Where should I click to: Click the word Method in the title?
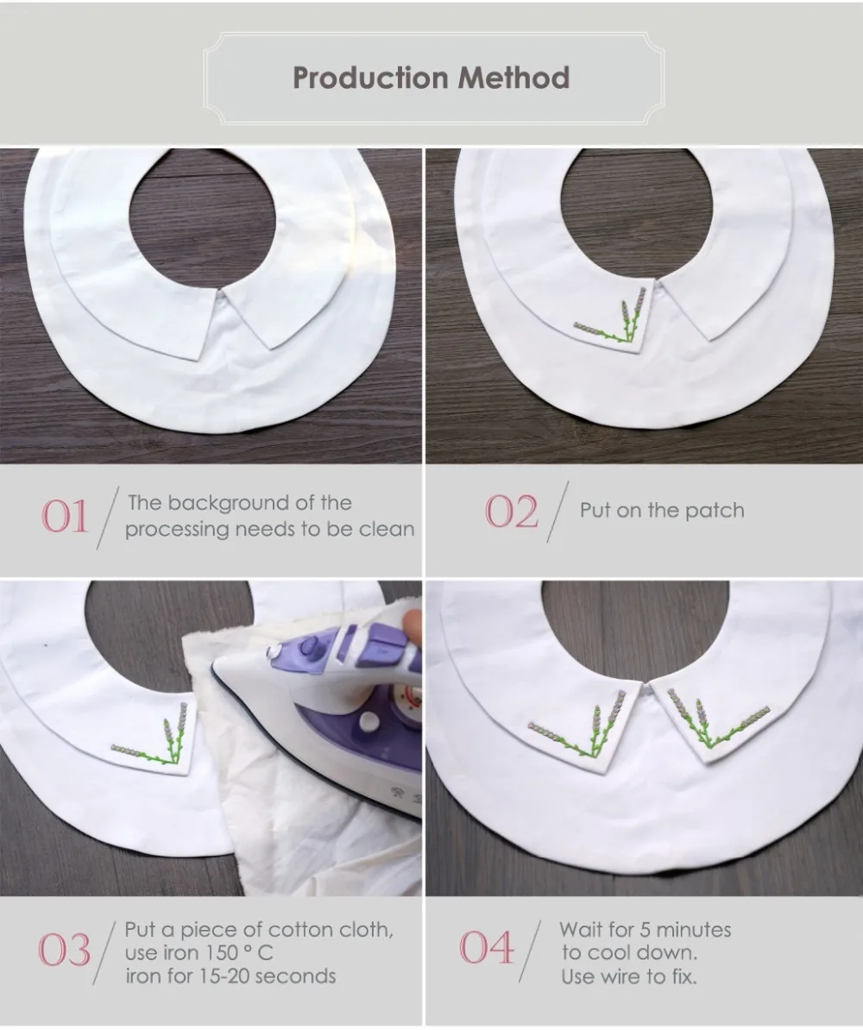[x=513, y=78]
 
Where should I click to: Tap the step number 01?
[x=65, y=517]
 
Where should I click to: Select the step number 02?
[x=512, y=511]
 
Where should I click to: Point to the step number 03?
[x=65, y=950]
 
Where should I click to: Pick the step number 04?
[x=487, y=947]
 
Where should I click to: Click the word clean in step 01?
[x=387, y=529]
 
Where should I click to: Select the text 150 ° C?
[x=239, y=952]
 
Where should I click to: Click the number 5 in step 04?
[x=646, y=930]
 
